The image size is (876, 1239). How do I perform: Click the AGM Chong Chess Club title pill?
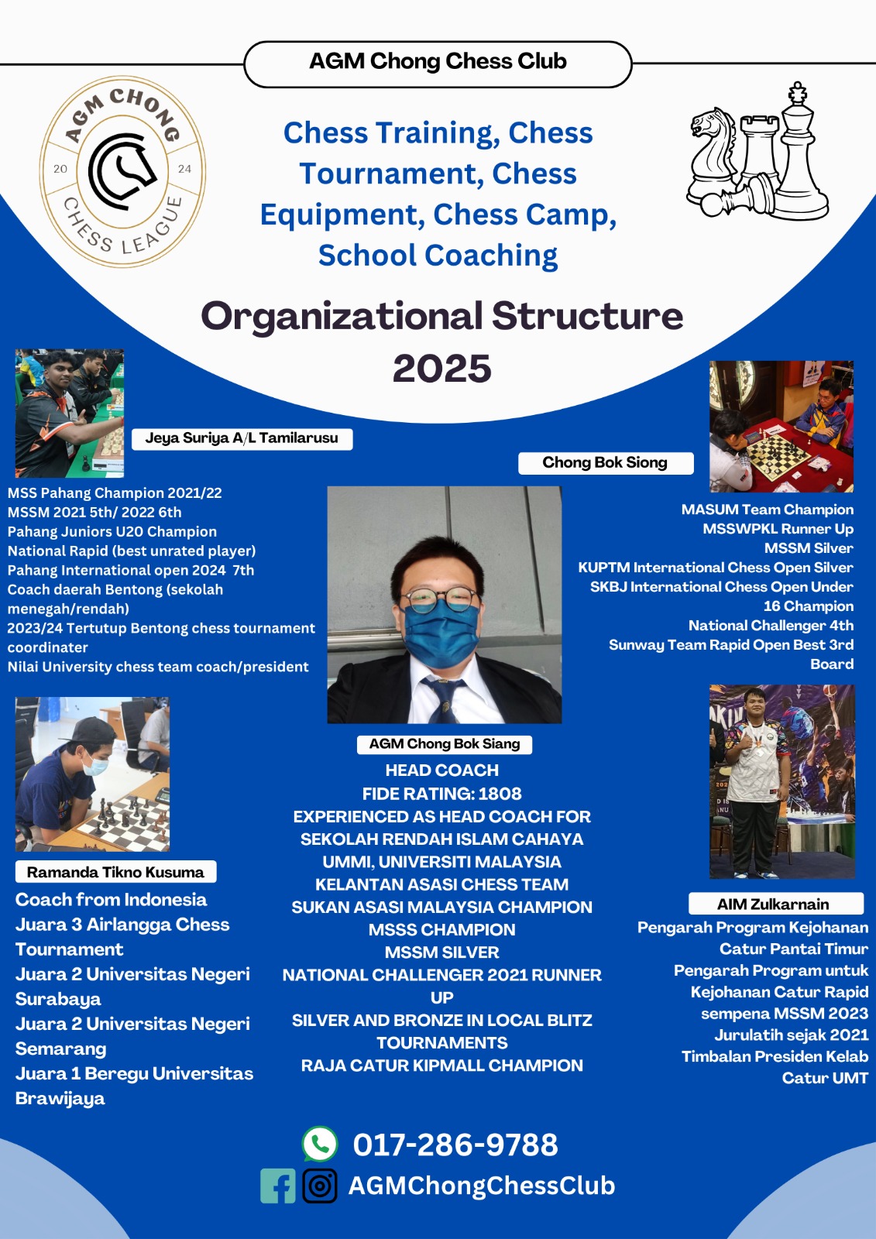(x=438, y=64)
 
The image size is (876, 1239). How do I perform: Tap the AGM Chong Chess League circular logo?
(x=122, y=171)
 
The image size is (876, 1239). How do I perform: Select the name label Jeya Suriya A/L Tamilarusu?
(x=242, y=438)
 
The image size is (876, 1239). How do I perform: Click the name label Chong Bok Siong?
(x=606, y=463)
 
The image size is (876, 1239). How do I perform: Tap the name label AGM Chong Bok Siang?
(x=445, y=744)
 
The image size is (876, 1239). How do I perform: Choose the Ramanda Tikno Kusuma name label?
(x=115, y=872)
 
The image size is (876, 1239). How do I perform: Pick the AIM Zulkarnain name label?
(x=776, y=904)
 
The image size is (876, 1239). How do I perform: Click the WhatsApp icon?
(x=320, y=1144)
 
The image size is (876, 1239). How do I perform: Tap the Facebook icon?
(x=278, y=1186)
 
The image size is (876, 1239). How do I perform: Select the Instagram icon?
(x=320, y=1186)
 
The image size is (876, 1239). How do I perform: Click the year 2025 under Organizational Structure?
(x=441, y=369)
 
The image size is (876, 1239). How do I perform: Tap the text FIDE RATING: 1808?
(x=441, y=794)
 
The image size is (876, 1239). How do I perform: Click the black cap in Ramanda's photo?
(x=94, y=729)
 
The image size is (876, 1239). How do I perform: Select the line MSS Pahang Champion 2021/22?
(x=115, y=493)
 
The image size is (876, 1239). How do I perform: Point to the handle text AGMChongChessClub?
(x=482, y=1186)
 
